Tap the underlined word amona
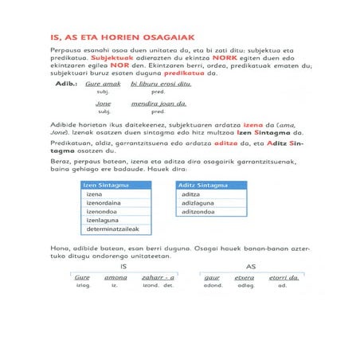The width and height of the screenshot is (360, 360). tap(117, 277)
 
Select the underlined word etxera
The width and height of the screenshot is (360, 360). tap(243, 277)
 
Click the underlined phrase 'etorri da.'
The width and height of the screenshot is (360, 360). tap(283, 277)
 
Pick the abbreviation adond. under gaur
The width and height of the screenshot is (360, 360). tap(213, 286)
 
